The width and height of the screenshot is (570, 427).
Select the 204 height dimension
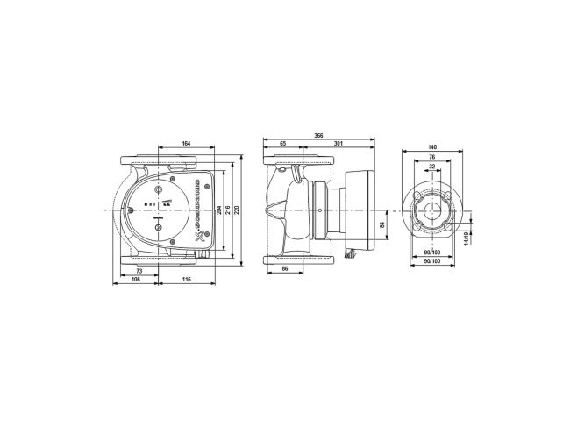[x=217, y=212]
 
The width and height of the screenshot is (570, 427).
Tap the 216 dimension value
[x=229, y=212]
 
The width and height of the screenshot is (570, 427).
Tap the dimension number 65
[x=282, y=144]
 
